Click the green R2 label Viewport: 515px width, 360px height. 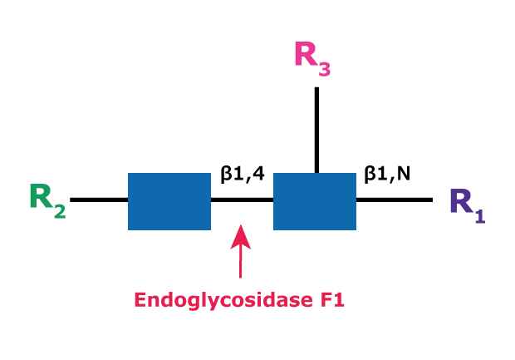click(x=47, y=200)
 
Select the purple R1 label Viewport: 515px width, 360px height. click(x=467, y=204)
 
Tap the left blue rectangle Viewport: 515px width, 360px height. click(x=169, y=201)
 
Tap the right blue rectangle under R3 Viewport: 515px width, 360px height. click(x=315, y=201)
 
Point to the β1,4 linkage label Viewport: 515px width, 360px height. click(x=242, y=175)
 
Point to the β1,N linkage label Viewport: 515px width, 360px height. click(x=386, y=175)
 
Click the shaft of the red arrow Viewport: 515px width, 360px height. click(x=240, y=262)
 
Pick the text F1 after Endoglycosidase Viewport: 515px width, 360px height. click(x=332, y=298)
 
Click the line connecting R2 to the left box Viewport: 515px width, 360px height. click(x=99, y=200)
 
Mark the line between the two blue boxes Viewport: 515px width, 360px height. click(x=242, y=200)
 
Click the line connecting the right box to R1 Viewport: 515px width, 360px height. click(x=395, y=200)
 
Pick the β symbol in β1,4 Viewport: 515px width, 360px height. click(x=226, y=175)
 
